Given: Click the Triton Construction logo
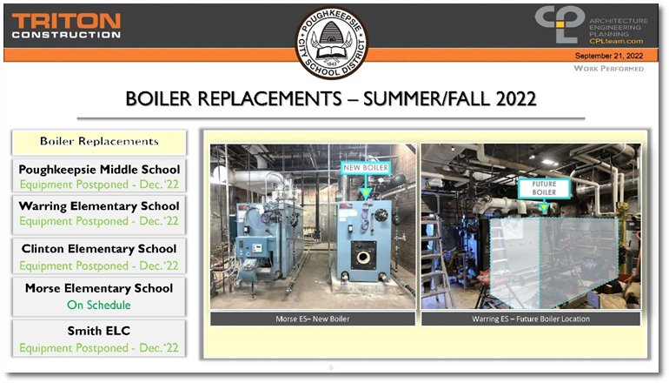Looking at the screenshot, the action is [x=66, y=26].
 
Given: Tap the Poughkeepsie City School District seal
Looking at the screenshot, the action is [x=332, y=43].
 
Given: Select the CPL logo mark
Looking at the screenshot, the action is [x=560, y=24].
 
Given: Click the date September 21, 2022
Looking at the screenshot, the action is [x=609, y=56].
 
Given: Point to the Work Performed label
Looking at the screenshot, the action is [x=608, y=69].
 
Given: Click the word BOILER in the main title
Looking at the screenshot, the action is [x=158, y=98].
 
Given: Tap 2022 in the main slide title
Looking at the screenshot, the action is [x=515, y=98].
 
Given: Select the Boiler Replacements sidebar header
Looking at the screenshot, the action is [x=99, y=142].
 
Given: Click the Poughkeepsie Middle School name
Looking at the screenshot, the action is [x=99, y=170].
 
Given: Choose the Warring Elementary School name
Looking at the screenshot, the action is [x=99, y=206].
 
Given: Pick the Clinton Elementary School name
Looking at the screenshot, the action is [x=99, y=249].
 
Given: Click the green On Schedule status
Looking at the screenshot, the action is [x=99, y=305].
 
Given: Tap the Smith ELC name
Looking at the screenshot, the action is [x=99, y=331].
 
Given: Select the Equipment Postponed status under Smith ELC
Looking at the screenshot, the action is [x=99, y=348].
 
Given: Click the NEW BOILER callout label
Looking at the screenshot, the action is [x=366, y=167].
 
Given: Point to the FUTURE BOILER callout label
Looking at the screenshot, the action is [x=544, y=188].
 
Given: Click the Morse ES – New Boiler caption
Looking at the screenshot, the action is [x=312, y=319].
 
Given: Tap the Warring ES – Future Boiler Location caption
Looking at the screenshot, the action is [x=531, y=319].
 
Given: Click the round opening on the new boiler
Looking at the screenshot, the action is [x=363, y=258].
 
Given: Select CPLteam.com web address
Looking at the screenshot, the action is [x=616, y=41].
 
